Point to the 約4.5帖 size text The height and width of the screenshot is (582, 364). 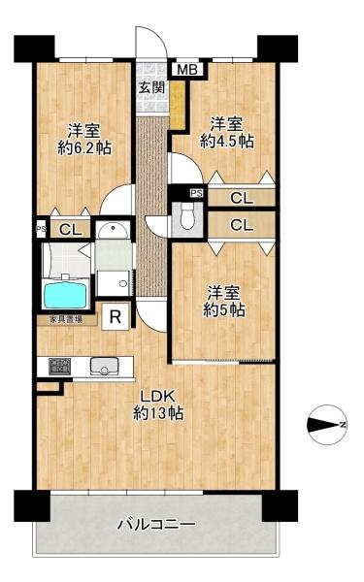[x=227, y=141]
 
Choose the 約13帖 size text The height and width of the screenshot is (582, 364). [x=159, y=414]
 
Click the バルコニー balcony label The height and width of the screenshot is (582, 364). [x=156, y=525]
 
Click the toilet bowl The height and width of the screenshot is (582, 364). [x=186, y=221]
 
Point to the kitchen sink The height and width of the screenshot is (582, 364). [x=104, y=367]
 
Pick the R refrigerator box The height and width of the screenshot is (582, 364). [x=116, y=316]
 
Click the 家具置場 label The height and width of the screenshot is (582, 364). [x=59, y=319]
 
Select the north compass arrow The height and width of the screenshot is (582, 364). [x=328, y=424]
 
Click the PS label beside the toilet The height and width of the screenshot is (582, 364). [x=196, y=194]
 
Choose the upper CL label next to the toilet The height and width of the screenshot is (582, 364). [x=243, y=198]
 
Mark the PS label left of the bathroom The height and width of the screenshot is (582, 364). [x=40, y=230]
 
